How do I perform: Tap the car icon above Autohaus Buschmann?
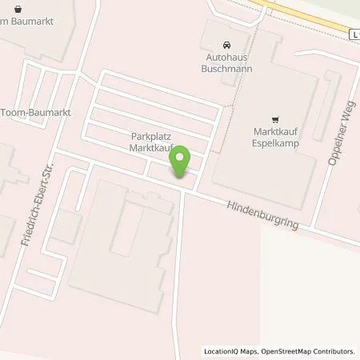pos(224,46)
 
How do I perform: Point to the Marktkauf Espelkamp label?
pos(277,137)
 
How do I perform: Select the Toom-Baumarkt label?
pos(35,113)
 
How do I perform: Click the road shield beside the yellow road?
pos(354,33)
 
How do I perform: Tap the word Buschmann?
pos(224,70)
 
